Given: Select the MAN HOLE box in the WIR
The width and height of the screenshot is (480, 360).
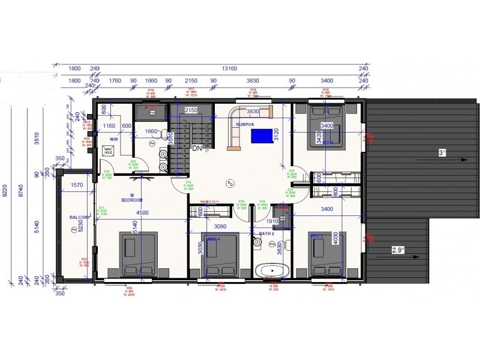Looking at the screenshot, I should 108,151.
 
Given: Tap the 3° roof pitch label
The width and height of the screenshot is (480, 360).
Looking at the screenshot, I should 442,154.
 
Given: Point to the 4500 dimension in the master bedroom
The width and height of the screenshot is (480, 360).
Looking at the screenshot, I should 142,213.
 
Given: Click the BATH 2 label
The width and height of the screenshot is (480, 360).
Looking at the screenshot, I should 265,233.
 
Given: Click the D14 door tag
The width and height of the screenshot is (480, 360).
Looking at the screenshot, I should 188,185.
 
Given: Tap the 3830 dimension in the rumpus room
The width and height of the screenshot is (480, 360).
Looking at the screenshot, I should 253,112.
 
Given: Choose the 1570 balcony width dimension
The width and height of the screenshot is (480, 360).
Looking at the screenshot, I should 76,186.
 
